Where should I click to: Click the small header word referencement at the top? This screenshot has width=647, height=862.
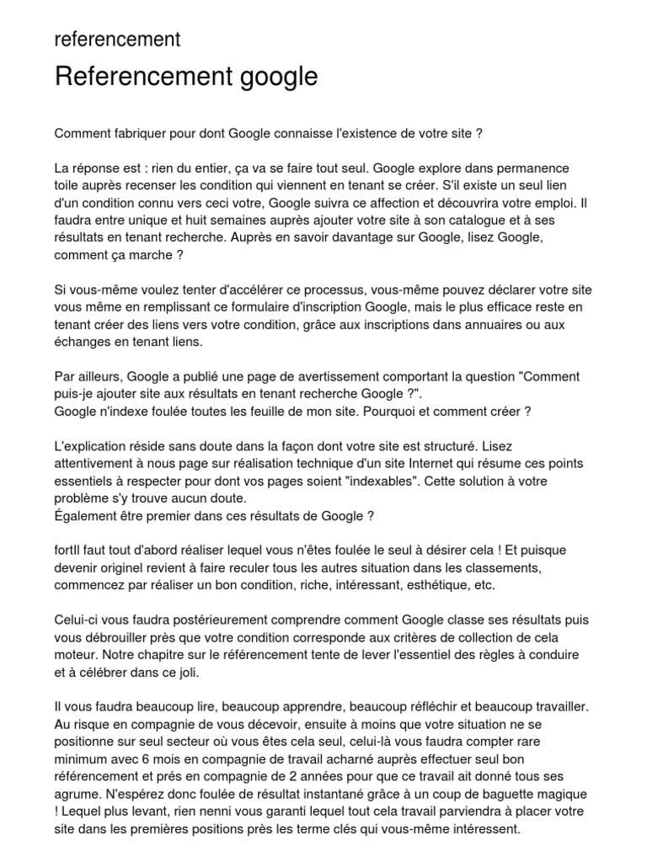tap(117, 39)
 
